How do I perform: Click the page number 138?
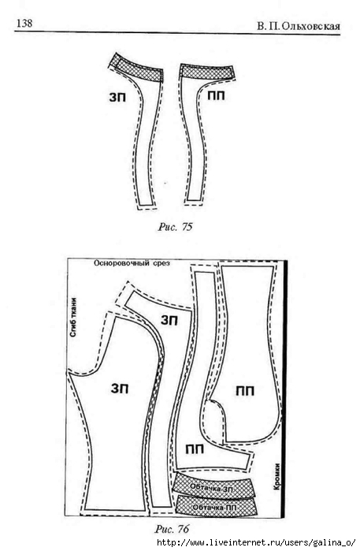24,23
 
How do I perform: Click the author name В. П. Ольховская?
299,26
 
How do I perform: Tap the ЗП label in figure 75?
117,97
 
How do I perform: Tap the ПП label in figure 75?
216,95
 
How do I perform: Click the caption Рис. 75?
175,227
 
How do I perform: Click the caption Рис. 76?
172,528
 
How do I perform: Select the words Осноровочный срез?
132,263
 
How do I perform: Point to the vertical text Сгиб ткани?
73,318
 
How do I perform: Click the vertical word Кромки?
277,476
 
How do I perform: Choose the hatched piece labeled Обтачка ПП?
215,507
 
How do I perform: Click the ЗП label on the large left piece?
120,389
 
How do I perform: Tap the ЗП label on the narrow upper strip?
169,320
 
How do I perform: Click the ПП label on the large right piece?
245,391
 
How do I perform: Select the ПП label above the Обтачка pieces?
195,449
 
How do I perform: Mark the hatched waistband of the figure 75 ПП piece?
207,72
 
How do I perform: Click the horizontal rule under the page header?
177,33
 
